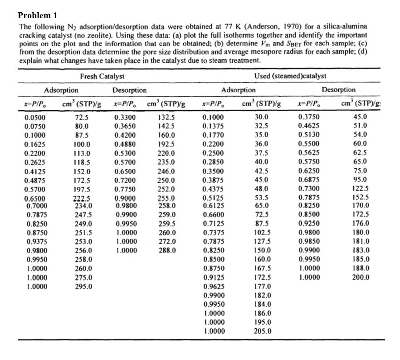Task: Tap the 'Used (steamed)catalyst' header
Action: (290, 76)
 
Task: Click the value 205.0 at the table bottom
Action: (261, 331)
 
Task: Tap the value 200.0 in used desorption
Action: (360, 277)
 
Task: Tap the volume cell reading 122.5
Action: (360, 188)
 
